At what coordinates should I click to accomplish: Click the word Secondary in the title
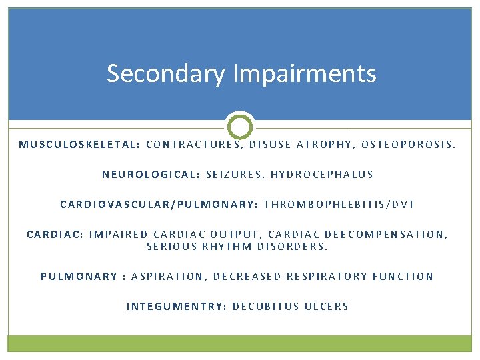tap(165, 73)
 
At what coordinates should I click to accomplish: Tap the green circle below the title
tap(240, 125)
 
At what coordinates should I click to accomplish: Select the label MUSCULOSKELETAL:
tap(79, 143)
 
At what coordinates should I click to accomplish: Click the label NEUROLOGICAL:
tap(151, 174)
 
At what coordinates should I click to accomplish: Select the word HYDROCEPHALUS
tap(322, 174)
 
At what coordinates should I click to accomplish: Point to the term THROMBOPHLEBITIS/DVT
tap(339, 205)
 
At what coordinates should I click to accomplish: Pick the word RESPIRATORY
tap(327, 276)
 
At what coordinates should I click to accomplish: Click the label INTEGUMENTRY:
tap(177, 307)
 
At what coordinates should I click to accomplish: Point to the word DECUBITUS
tap(265, 307)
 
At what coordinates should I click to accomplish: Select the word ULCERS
tap(327, 307)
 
